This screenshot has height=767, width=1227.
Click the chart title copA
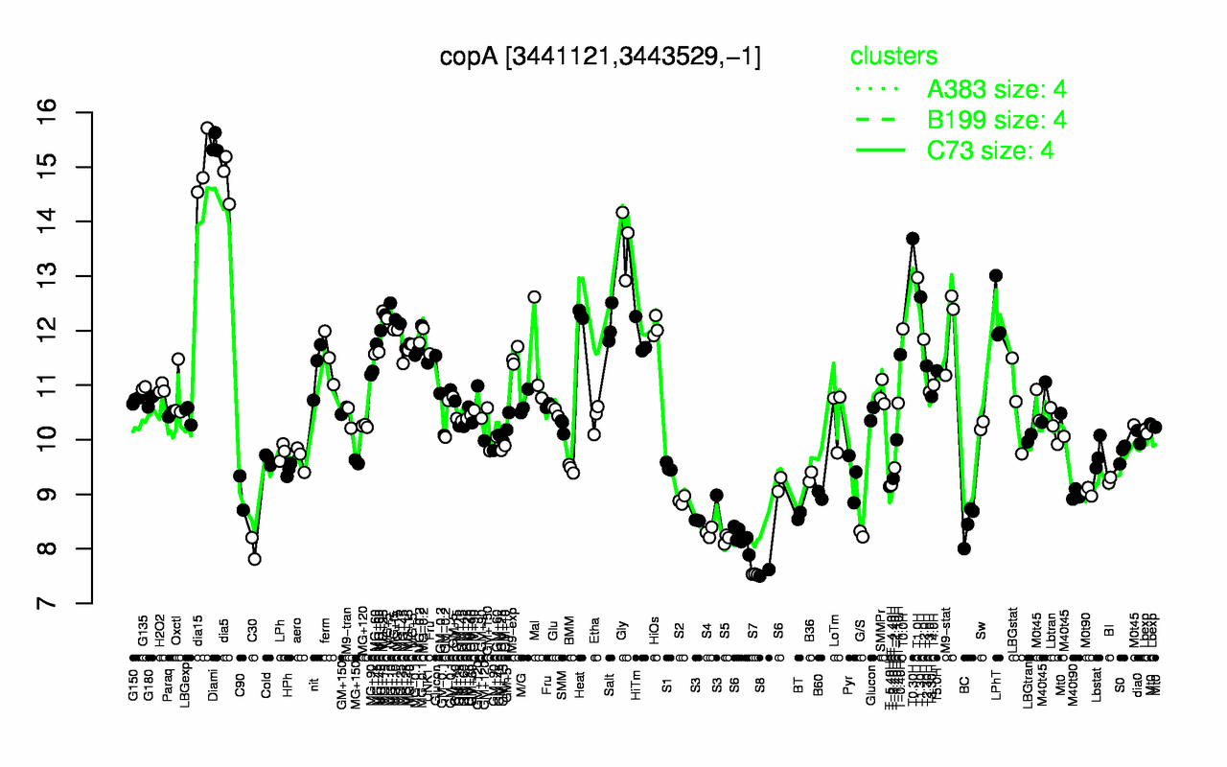pyautogui.click(x=600, y=57)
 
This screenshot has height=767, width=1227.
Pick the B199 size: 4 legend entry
pyautogui.click(x=997, y=119)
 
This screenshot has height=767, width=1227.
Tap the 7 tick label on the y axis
pyautogui.click(x=73, y=604)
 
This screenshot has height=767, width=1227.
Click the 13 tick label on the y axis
pyautogui.click(x=73, y=276)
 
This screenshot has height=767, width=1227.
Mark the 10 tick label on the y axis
pyautogui.click(x=73, y=440)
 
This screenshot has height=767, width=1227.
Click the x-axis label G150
pyautogui.click(x=133, y=638)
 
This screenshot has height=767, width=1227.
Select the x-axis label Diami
pyautogui.click(x=214, y=638)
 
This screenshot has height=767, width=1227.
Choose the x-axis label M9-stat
pyautogui.click(x=950, y=628)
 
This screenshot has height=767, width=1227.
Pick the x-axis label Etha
pyautogui.click(x=595, y=632)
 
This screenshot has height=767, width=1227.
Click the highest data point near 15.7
pyautogui.click(x=207, y=128)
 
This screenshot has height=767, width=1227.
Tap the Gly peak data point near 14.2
pyautogui.click(x=622, y=213)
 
